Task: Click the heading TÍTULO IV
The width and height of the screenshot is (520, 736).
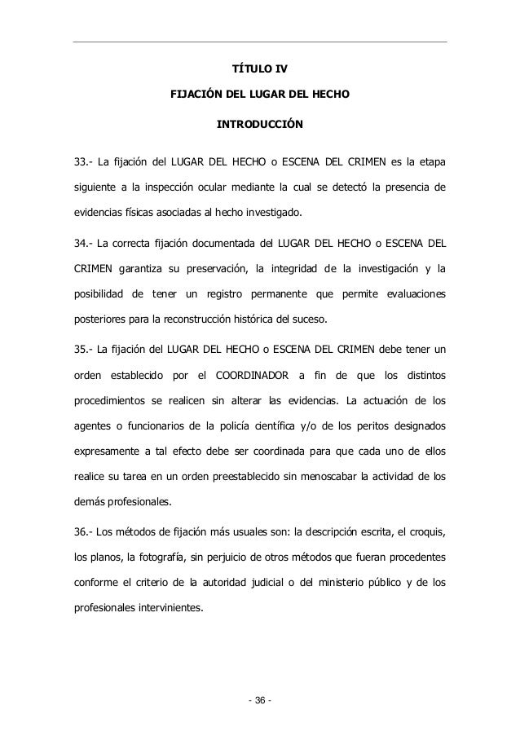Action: (259, 68)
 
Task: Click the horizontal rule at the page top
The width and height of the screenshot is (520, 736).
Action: (260, 42)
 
